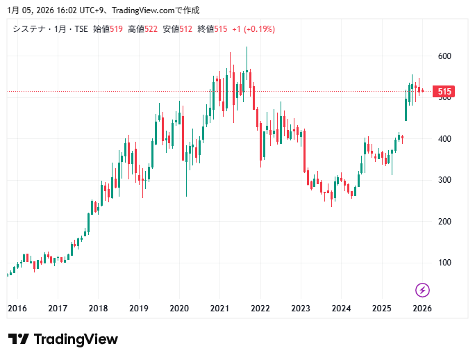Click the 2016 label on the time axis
point(17,309)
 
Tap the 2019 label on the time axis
point(139,309)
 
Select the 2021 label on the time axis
point(220,309)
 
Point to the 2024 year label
point(341,309)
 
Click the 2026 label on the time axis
point(422,309)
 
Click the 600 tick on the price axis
point(444,56)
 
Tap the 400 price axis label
point(444,139)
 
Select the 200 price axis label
point(444,222)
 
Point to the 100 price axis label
point(444,263)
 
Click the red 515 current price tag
point(444,92)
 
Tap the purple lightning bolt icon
point(422,290)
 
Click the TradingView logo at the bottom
point(63,339)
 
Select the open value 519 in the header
point(116,29)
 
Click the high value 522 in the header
point(151,29)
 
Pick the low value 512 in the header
point(185,29)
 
